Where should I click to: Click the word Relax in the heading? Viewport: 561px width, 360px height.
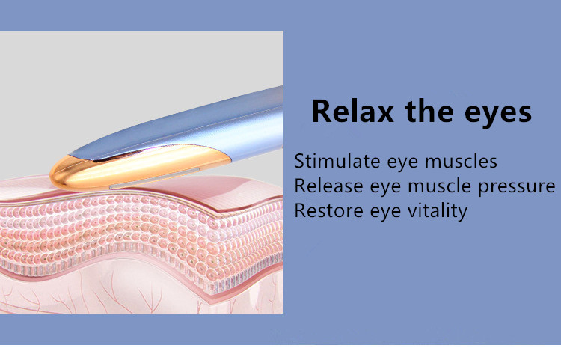coord(353,112)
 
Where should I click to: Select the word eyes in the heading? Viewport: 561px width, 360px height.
coord(498,115)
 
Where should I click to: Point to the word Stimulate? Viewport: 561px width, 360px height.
coord(337,161)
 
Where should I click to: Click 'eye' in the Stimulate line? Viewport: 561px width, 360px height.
coord(402,163)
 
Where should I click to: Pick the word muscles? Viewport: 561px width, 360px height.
coord(462,161)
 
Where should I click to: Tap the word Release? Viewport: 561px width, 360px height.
coord(329,186)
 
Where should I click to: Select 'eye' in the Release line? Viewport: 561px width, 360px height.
coord(385,188)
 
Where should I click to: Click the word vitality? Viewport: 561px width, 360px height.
coord(438,211)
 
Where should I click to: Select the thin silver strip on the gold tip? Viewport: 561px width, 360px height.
coord(155,178)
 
